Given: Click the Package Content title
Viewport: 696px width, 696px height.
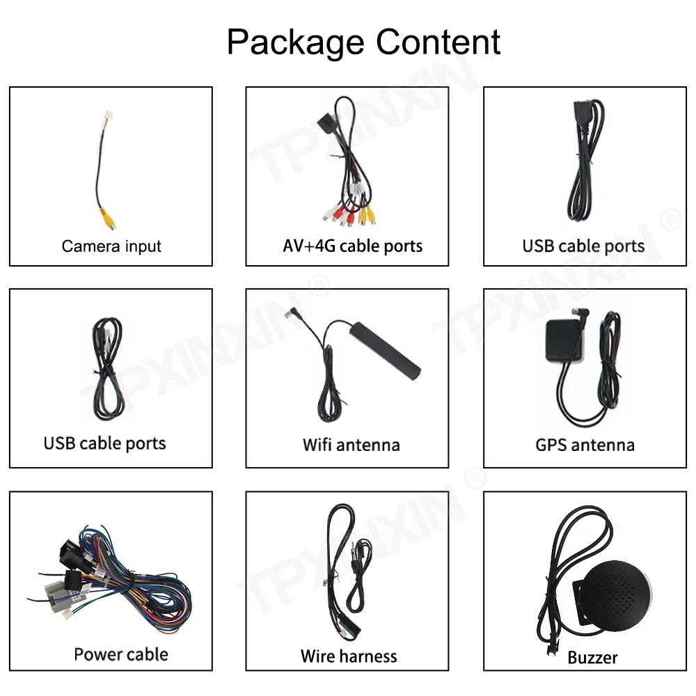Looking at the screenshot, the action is [x=363, y=42].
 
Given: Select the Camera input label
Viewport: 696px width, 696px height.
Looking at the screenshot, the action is [x=111, y=246].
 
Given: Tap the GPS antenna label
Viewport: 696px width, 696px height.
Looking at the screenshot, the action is [x=585, y=444].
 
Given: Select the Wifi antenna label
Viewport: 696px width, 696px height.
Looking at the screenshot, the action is [x=351, y=444].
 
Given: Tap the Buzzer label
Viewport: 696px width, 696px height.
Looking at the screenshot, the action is [x=592, y=656].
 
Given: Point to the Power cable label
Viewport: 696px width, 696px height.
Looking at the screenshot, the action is [x=120, y=654].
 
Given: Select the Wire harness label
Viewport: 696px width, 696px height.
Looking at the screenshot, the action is [x=349, y=656].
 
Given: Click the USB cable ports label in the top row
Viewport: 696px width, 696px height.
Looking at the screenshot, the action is [x=583, y=246].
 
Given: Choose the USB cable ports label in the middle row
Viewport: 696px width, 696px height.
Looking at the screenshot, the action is [x=104, y=443].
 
